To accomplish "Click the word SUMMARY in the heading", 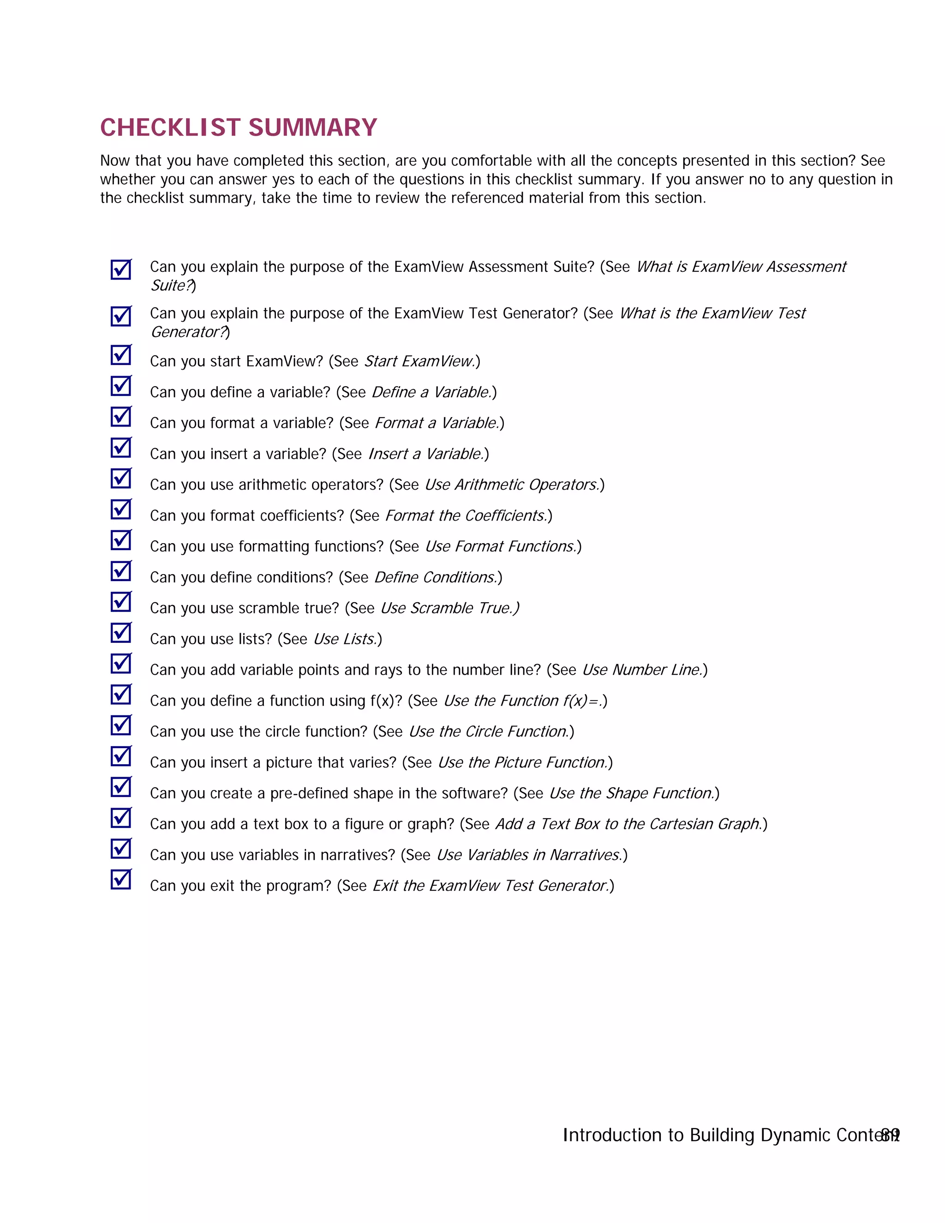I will tap(312, 128).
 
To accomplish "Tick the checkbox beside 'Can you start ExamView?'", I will tap(120, 355).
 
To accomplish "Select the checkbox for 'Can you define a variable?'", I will tap(120, 386).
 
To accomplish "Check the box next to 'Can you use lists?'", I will tap(120, 633).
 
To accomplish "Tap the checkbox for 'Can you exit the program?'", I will tap(120, 879).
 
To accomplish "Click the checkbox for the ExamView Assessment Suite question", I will tap(120, 270).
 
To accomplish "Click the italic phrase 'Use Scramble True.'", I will tap(449, 608).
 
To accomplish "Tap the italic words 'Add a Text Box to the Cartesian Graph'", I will tap(628, 824).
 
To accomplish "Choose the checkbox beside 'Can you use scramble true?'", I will tap(120, 602).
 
